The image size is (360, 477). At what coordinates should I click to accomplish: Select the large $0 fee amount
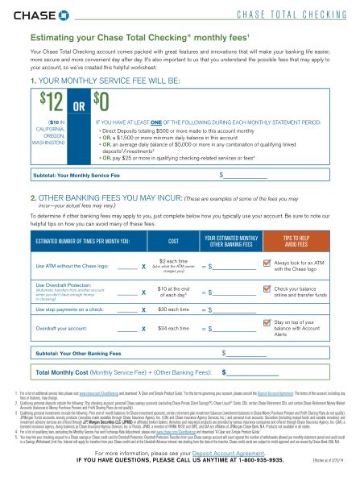coord(101,102)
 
